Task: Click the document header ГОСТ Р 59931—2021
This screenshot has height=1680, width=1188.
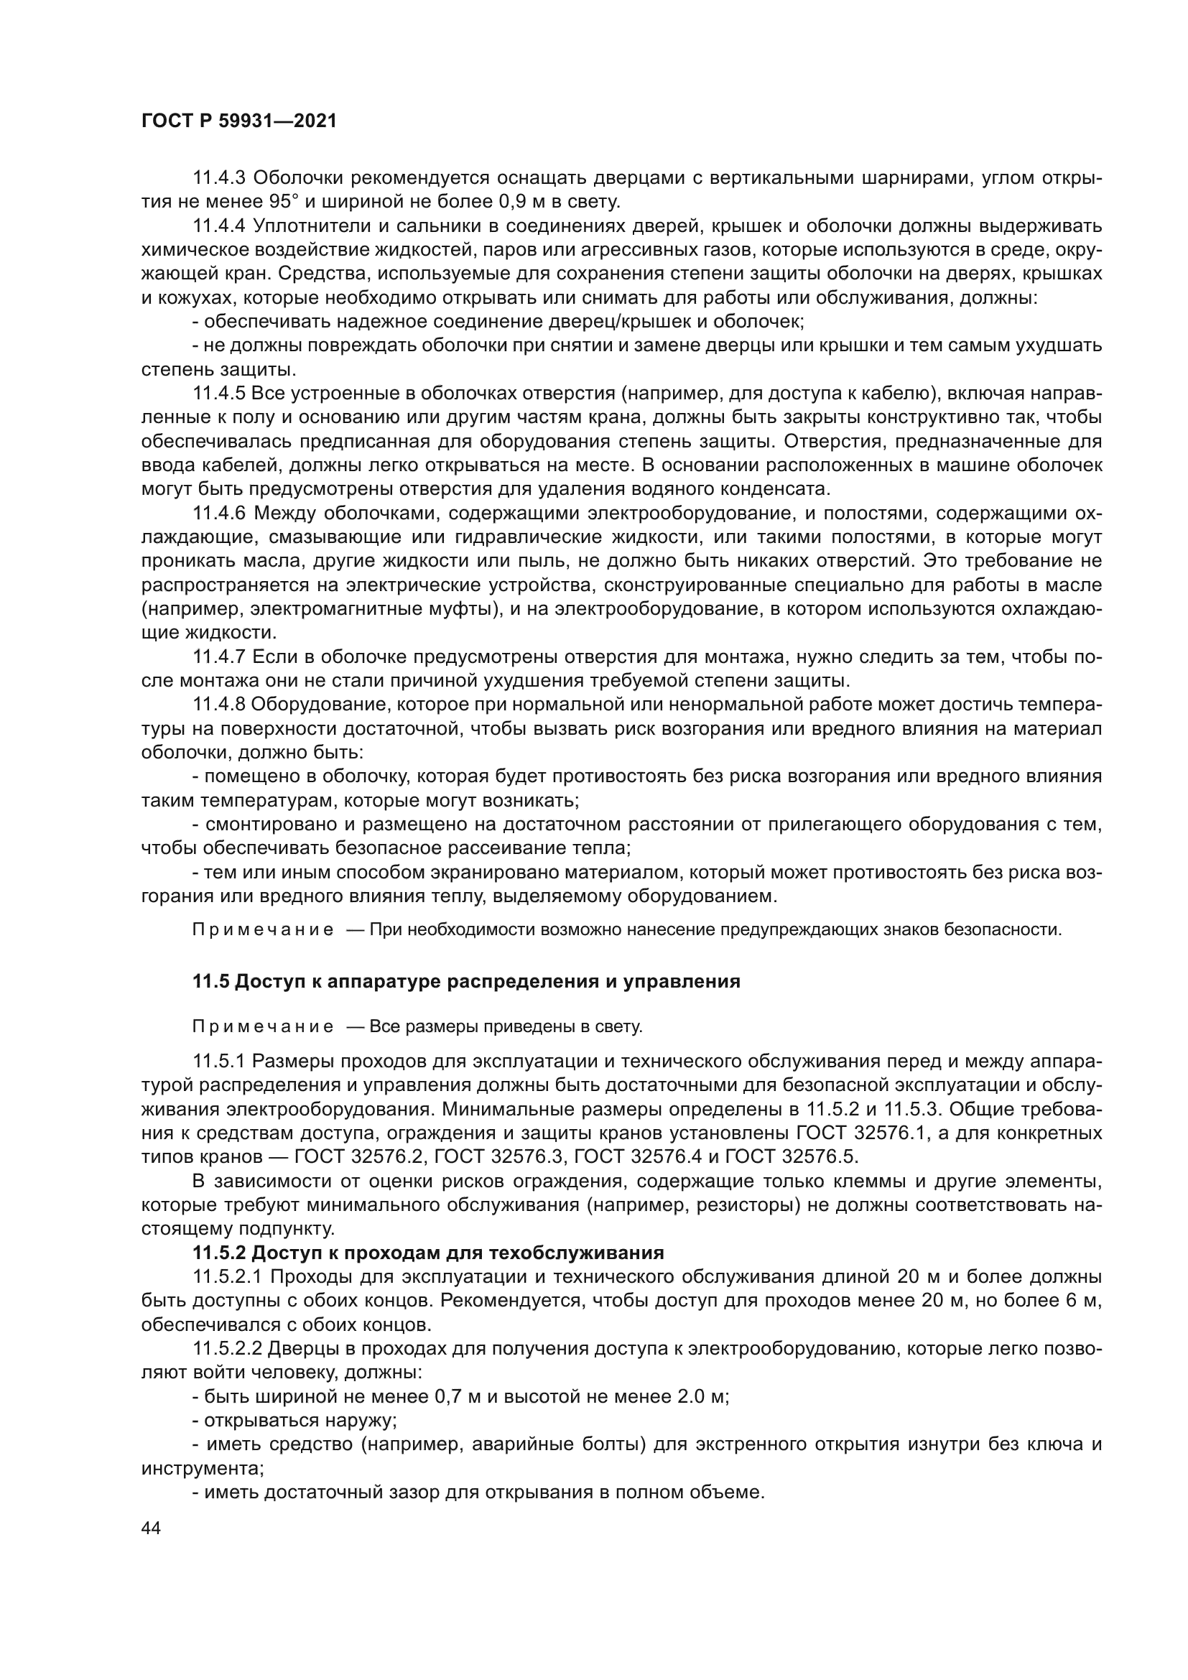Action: pyautogui.click(x=238, y=121)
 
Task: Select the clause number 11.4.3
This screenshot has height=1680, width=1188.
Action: pyautogui.click(x=219, y=178)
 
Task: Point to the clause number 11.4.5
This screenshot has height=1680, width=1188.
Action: pyautogui.click(x=219, y=394)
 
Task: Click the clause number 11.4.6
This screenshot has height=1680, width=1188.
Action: pyautogui.click(x=219, y=514)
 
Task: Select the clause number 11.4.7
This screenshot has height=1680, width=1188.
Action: pyautogui.click(x=219, y=658)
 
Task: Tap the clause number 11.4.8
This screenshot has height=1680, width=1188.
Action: pyautogui.click(x=219, y=705)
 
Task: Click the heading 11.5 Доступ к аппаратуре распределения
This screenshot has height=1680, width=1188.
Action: pyautogui.click(x=466, y=982)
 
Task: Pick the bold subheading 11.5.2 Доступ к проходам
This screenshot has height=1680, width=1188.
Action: pyautogui.click(x=428, y=1253)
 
